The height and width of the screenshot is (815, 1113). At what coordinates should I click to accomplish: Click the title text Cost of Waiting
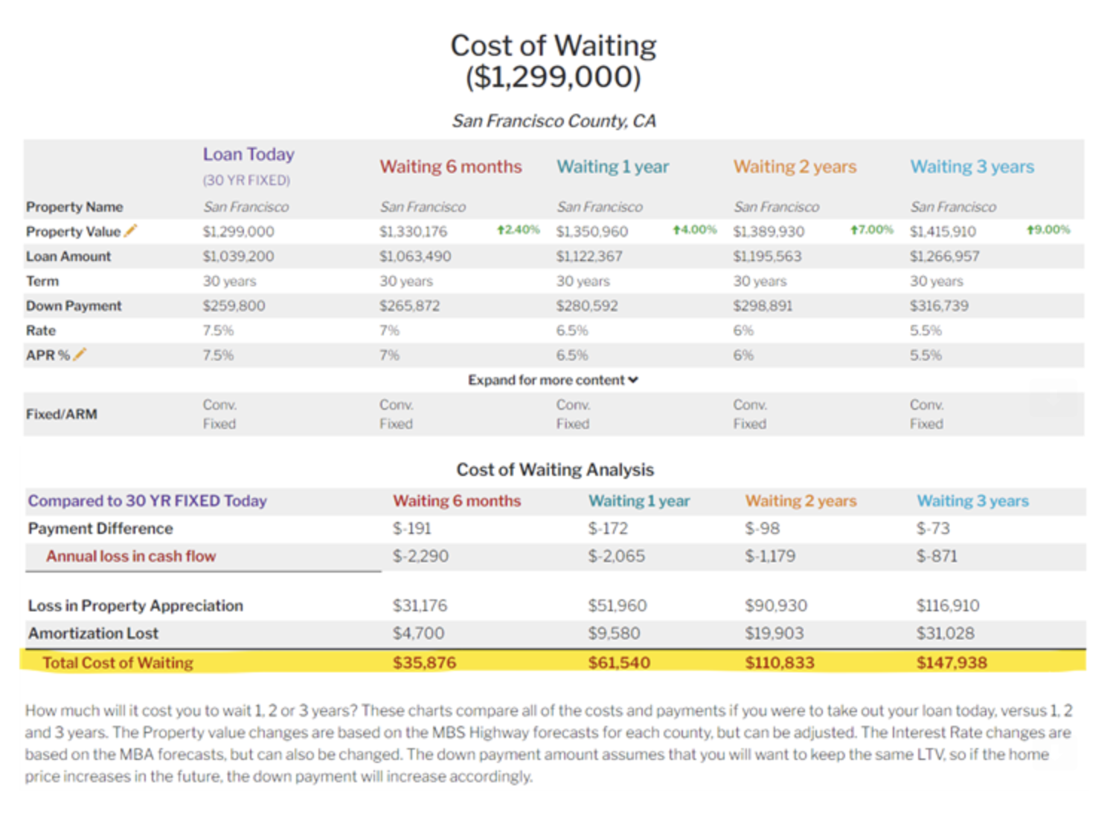(553, 46)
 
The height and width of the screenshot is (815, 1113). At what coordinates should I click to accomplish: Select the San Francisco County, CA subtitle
(554, 120)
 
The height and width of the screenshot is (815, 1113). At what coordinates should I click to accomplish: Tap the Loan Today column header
(248, 155)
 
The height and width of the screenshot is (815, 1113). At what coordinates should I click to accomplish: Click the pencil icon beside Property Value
(131, 231)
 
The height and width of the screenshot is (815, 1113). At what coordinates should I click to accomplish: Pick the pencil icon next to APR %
(80, 355)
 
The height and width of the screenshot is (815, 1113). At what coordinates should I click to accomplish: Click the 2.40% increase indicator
(519, 230)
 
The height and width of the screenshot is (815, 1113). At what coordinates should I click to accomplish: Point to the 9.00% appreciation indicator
(1048, 230)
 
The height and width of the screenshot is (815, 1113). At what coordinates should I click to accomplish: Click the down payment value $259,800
(234, 306)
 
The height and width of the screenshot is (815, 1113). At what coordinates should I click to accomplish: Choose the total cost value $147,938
(952, 663)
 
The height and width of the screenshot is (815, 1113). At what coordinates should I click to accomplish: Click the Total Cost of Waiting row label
(118, 663)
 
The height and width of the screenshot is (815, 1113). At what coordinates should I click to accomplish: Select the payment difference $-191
(412, 529)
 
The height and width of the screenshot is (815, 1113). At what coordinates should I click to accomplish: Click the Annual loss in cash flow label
(131, 556)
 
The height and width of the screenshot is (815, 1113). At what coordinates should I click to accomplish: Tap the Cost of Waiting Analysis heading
(555, 470)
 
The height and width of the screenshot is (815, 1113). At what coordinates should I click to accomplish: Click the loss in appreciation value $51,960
(618, 606)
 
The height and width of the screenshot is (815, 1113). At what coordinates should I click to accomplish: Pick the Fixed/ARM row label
(62, 414)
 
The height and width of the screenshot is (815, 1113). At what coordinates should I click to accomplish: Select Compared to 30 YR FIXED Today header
(147, 501)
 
